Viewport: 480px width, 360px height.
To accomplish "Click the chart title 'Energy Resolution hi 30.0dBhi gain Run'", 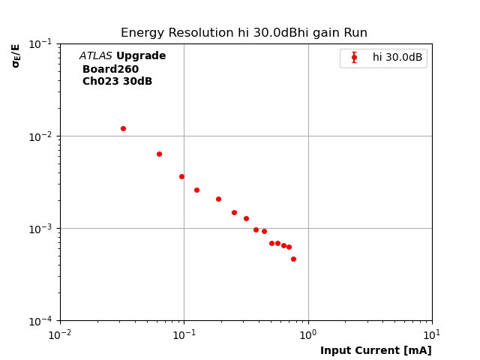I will [244, 33].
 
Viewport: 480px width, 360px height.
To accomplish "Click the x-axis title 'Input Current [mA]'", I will [376, 350].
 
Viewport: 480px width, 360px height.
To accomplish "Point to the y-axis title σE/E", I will [16, 55].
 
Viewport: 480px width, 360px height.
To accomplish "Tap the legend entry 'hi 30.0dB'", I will [397, 58].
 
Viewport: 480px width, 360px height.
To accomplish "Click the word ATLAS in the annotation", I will [95, 56].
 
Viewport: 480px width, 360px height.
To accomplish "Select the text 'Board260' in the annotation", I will [110, 69].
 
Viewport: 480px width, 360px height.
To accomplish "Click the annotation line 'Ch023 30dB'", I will [117, 82].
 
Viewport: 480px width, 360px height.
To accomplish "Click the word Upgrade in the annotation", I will [141, 56].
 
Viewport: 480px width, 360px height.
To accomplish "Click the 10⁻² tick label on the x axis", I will [60, 334].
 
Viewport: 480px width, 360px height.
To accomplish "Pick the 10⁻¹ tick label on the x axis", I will [184, 334].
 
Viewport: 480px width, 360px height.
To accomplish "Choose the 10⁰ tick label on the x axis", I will [308, 334].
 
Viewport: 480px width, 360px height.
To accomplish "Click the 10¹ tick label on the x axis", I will [432, 334].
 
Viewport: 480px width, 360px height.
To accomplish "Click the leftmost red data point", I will [123, 128].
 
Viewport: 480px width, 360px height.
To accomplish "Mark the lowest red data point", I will [293, 259].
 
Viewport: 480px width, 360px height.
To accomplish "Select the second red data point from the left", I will [159, 154].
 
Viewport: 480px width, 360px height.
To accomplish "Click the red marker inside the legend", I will [354, 58].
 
